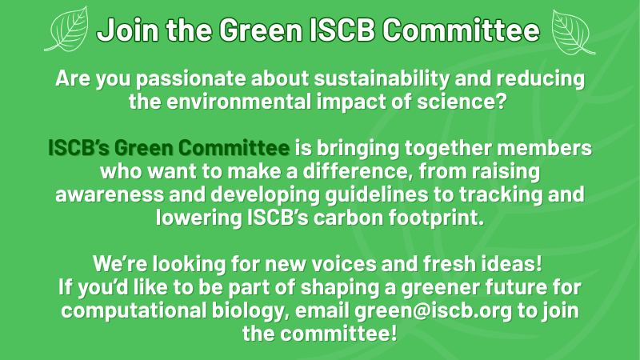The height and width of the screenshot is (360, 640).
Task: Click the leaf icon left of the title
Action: point(66,29)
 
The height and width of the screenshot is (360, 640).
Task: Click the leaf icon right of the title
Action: point(573,32)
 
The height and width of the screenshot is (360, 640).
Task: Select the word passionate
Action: point(190,78)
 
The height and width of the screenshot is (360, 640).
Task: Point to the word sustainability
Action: point(382,78)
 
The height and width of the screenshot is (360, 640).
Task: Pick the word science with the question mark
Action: point(462,101)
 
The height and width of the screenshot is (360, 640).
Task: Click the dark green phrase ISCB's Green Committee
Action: point(169,147)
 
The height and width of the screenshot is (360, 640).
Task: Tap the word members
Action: point(544,147)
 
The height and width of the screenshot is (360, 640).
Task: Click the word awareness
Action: point(110,194)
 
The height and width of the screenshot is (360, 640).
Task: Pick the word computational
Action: point(134,310)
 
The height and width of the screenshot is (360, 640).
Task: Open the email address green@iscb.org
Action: point(433,311)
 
